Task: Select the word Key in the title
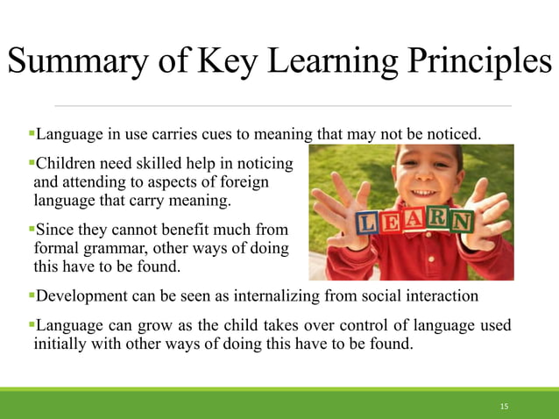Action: [x=229, y=64]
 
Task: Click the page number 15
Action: [x=504, y=407]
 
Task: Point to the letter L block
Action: [x=369, y=224]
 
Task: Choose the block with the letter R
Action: [x=438, y=219]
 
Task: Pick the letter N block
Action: [x=461, y=220]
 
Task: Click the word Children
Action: [x=67, y=163]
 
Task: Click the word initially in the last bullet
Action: [x=62, y=344]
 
